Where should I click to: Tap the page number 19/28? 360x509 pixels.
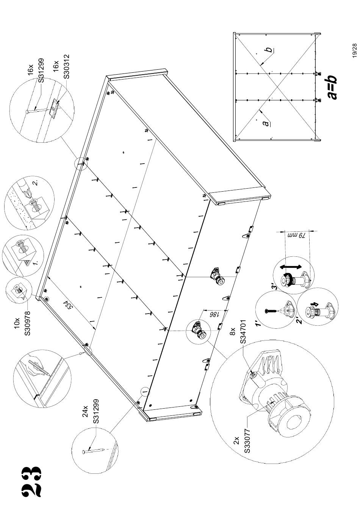pos(354,51)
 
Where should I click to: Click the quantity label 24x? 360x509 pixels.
pos(85,411)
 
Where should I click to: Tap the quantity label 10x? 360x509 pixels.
pos(17,323)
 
